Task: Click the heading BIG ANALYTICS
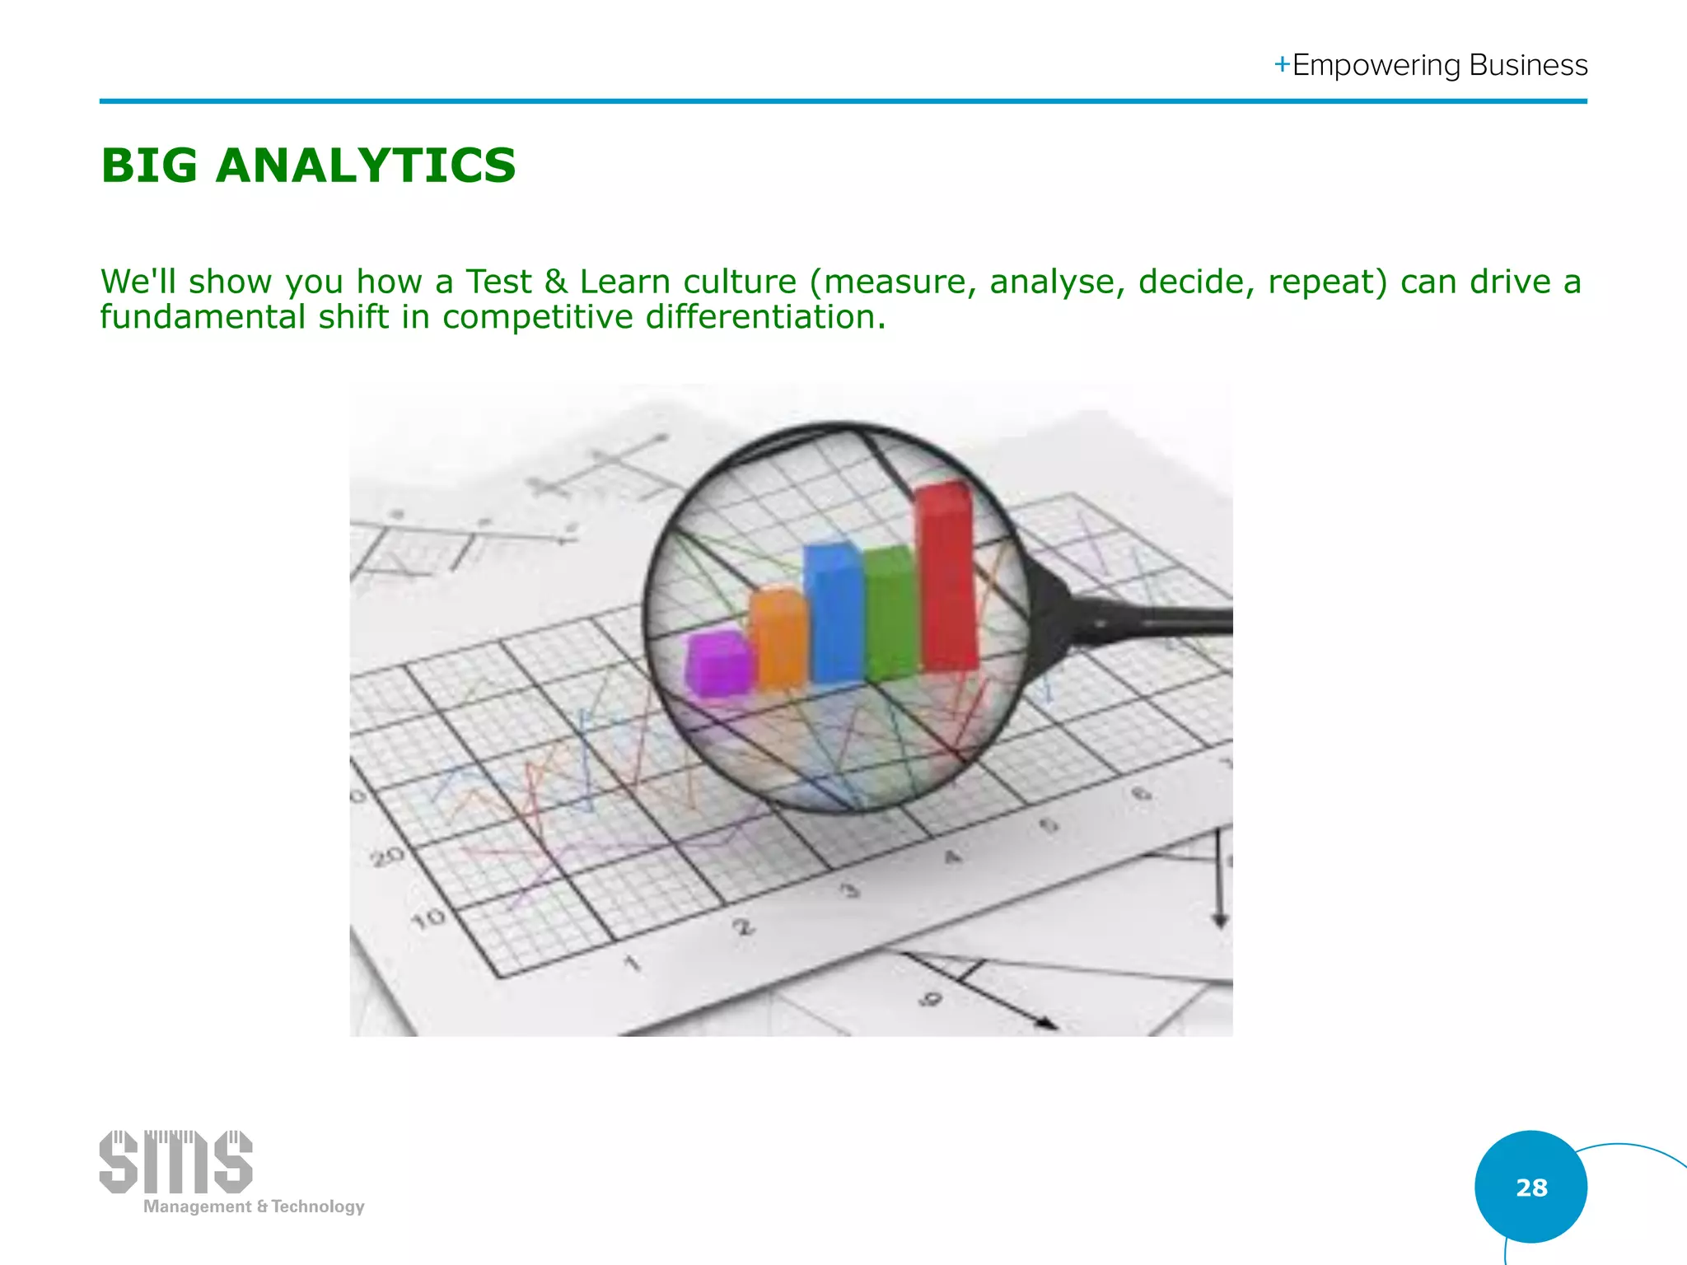click(308, 166)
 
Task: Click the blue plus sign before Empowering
click(1282, 64)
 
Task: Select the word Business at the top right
click(1528, 65)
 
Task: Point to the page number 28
click(1530, 1187)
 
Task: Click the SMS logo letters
click(175, 1162)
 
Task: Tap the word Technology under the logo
click(318, 1207)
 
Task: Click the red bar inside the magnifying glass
click(946, 576)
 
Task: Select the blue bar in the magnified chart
click(834, 614)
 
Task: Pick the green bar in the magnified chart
click(890, 614)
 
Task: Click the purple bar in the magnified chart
click(718, 663)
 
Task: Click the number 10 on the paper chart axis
click(428, 918)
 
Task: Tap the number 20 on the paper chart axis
click(387, 857)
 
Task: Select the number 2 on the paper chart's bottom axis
click(743, 927)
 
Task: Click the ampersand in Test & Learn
click(556, 282)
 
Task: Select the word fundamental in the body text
click(203, 317)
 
